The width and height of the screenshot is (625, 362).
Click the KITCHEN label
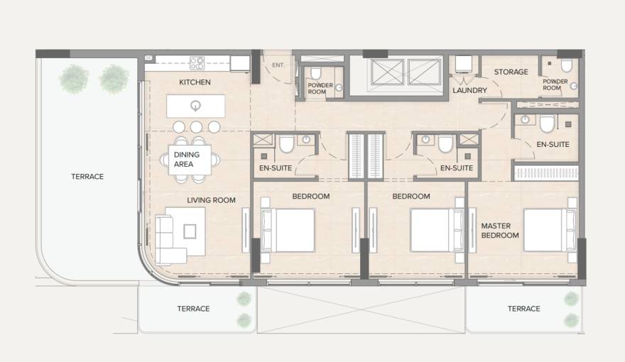click(195, 83)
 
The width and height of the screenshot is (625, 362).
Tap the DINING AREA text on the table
click(186, 159)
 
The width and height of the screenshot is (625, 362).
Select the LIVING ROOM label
click(211, 200)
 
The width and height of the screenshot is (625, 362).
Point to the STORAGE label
click(511, 72)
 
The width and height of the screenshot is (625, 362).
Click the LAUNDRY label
click(469, 91)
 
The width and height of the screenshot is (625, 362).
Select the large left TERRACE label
click(88, 177)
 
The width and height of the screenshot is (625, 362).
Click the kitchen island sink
click(196, 106)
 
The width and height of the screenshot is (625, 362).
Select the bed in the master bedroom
click(549, 230)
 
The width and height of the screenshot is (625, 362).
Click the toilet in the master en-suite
click(547, 125)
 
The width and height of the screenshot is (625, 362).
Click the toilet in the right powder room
click(566, 67)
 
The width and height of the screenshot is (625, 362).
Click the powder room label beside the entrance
click(317, 88)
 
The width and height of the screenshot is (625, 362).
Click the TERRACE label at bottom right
click(524, 309)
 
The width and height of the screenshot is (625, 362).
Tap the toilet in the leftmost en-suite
click(286, 145)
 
